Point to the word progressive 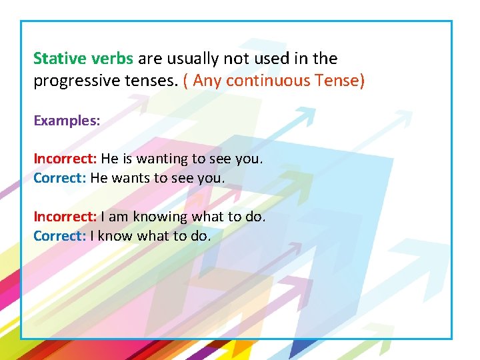[73, 81]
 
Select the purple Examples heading [67, 121]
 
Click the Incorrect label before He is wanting [65, 159]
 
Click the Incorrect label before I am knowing [65, 217]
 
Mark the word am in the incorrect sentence [119, 217]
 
